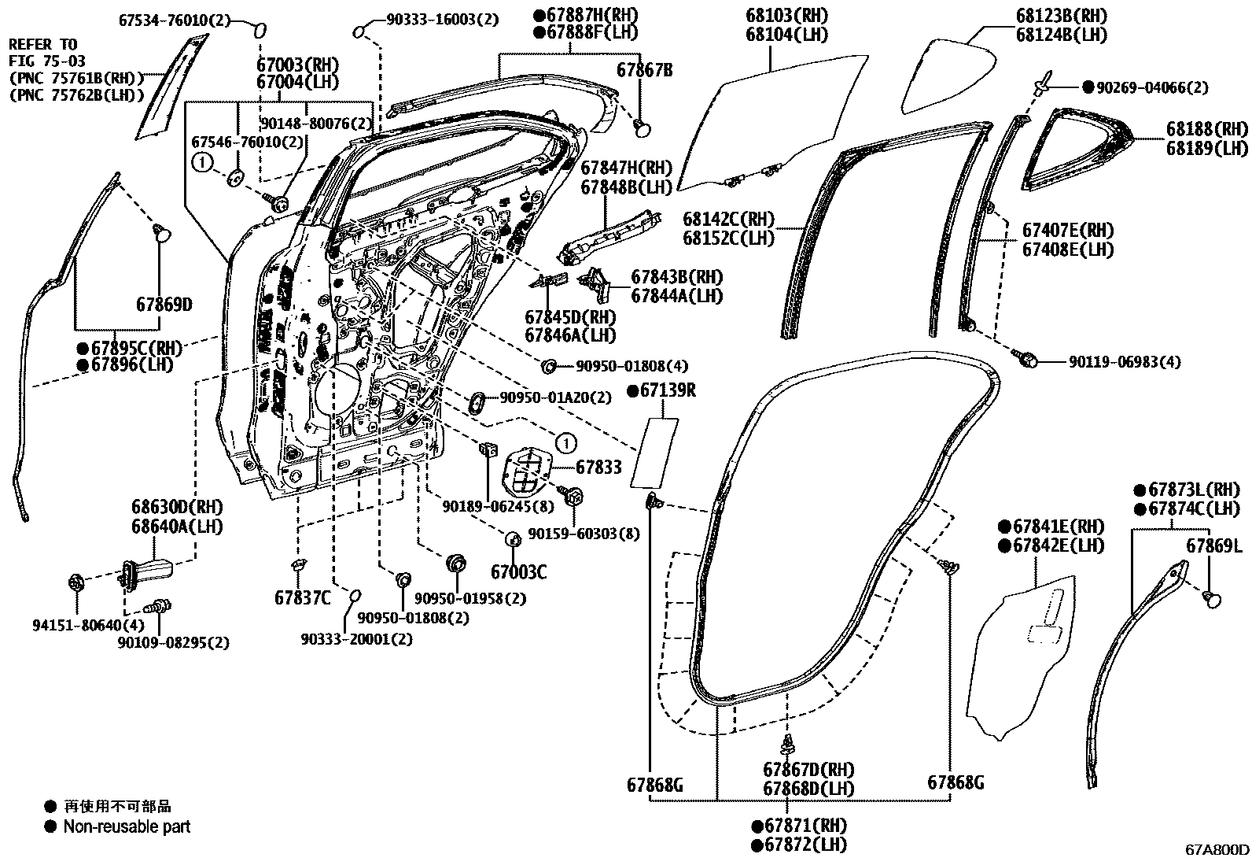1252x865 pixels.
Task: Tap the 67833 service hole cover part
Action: click(x=527, y=470)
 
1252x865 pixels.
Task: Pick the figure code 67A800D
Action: click(x=1216, y=851)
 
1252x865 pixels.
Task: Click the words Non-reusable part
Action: click(x=127, y=827)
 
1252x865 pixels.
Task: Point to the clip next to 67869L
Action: click(x=1213, y=600)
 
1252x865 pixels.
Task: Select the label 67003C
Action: click(x=518, y=572)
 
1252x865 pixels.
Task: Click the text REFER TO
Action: click(x=43, y=45)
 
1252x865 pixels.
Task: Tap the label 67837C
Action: click(x=304, y=598)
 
